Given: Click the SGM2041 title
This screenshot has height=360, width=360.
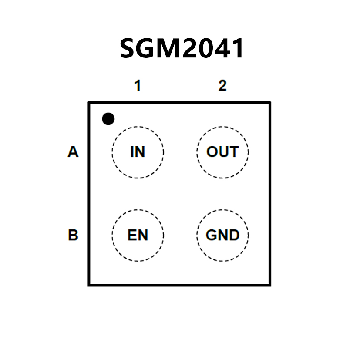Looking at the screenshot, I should click(182, 48).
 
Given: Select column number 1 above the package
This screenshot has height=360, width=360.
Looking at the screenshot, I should click(138, 86).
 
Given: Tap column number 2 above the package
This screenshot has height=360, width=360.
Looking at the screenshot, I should click(222, 86).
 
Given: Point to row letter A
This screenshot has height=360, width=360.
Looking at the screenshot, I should click(73, 152).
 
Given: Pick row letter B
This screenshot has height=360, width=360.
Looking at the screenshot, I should click(73, 235).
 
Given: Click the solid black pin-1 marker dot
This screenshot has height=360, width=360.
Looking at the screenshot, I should click(108, 119).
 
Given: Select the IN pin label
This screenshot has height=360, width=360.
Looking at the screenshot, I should click(138, 152).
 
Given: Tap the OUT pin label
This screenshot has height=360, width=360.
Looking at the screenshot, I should click(222, 152).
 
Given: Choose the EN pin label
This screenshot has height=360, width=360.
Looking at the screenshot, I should click(138, 235).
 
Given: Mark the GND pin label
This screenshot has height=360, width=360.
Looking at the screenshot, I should click(222, 235).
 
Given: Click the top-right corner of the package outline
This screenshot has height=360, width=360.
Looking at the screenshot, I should click(270, 103).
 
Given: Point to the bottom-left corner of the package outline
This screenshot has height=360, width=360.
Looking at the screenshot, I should click(89, 285).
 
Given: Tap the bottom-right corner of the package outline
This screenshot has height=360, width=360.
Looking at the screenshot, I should click(270, 285).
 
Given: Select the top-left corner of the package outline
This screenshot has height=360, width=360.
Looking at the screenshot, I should click(89, 103).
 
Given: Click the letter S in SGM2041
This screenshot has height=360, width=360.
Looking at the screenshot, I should click(128, 48).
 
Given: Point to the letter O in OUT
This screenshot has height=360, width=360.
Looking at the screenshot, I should click(212, 152).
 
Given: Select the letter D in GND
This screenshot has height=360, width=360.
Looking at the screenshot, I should click(234, 235).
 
